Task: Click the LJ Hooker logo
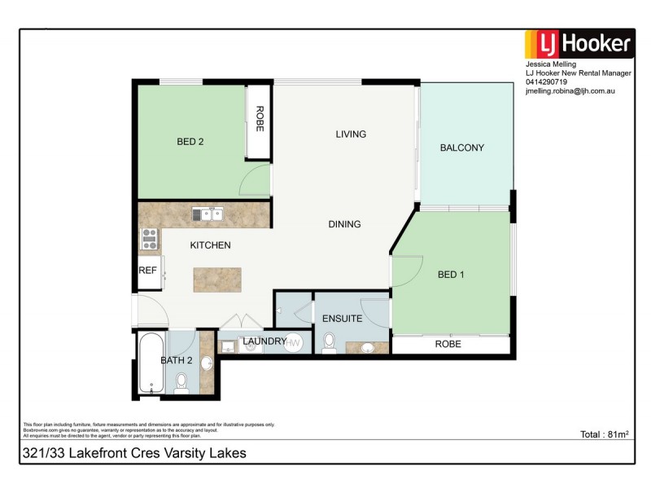pyautogui.click(x=578, y=43)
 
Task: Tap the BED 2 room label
pyautogui.click(x=190, y=142)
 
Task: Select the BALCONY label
pyautogui.click(x=461, y=148)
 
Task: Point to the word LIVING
pyautogui.click(x=351, y=134)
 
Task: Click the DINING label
pyautogui.click(x=344, y=224)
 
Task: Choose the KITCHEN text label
pyautogui.click(x=211, y=245)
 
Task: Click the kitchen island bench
pyautogui.click(x=218, y=280)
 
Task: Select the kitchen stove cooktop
pyautogui.click(x=150, y=238)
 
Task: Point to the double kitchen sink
pyautogui.click(x=208, y=215)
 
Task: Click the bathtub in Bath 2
pyautogui.click(x=151, y=363)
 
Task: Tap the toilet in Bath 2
pyautogui.click(x=181, y=381)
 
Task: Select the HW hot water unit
pyautogui.click(x=293, y=343)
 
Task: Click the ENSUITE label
pyautogui.click(x=342, y=319)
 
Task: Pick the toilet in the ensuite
pyautogui.click(x=330, y=342)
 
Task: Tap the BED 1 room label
pyautogui.click(x=451, y=275)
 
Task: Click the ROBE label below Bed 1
pyautogui.click(x=448, y=344)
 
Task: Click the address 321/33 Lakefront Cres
pyautogui.click(x=134, y=452)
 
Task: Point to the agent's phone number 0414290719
pyautogui.click(x=547, y=81)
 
